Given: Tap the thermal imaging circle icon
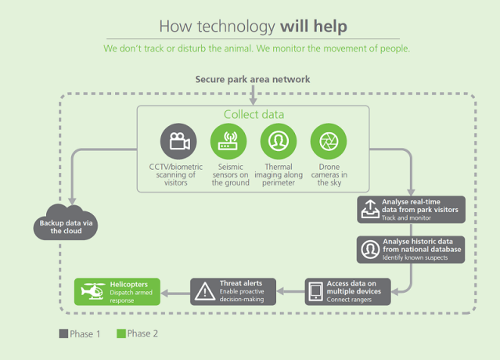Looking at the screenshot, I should coord(277,142).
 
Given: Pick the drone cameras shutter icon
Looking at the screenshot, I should coord(327,142).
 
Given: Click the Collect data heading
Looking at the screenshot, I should coord(254,114).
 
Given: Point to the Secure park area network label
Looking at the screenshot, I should coord(252,79).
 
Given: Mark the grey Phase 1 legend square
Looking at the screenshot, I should coord(63,333).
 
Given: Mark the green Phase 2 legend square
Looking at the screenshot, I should coord(121,333).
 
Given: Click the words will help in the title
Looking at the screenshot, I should coord(313,26).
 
